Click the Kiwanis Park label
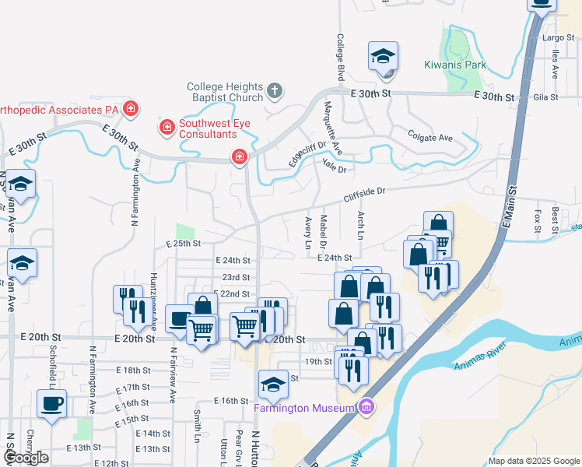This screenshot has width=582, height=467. [x=455, y=65]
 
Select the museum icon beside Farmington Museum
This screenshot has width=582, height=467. [x=367, y=407]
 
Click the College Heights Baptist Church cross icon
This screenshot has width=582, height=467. [x=274, y=91]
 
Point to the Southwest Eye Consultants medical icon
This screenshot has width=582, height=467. [x=167, y=126]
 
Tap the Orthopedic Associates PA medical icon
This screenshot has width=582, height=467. [x=131, y=109]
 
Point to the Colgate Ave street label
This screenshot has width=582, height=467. [x=430, y=138]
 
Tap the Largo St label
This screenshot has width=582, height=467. [x=558, y=37]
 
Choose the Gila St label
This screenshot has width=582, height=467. [x=546, y=97]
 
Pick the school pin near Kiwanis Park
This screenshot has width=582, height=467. [x=383, y=57]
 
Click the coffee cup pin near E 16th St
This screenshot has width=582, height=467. [x=52, y=404]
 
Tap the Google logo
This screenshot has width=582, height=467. [x=26, y=458]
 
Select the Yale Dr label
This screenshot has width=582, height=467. [x=334, y=163]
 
